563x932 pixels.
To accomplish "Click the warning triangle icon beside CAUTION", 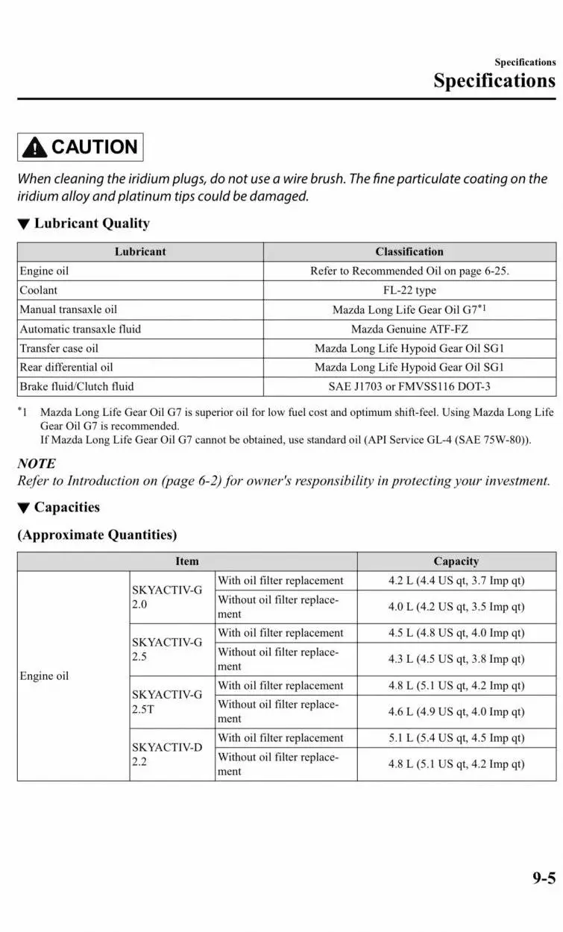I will tap(34, 148).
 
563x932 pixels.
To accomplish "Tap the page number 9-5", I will tap(544, 878).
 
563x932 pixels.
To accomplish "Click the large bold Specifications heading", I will tap(494, 81).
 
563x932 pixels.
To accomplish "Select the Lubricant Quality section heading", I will tap(92, 224).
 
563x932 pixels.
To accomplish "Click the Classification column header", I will tap(409, 252).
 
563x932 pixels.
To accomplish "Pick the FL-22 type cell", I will tap(409, 290).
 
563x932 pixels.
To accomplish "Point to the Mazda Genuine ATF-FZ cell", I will tap(409, 329).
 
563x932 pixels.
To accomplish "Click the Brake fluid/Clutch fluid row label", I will tap(77, 386).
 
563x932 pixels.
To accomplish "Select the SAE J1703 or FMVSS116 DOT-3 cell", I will tap(409, 386).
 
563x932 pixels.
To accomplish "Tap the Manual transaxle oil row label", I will tap(69, 309).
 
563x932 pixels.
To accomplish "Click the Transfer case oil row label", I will tap(59, 348).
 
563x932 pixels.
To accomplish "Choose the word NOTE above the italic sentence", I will tap(37, 464).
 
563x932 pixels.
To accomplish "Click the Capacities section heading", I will tap(66, 508).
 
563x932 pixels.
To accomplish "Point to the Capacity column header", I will tap(456, 561).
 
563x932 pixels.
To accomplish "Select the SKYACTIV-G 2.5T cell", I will tap(167, 702).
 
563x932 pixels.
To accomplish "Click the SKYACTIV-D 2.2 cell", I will tap(167, 754).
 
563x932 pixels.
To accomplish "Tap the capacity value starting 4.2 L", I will tap(456, 581).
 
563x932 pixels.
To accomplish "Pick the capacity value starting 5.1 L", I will tap(456, 738).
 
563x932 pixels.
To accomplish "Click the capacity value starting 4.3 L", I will tap(456, 659).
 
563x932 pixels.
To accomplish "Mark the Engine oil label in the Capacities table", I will tap(44, 676).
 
